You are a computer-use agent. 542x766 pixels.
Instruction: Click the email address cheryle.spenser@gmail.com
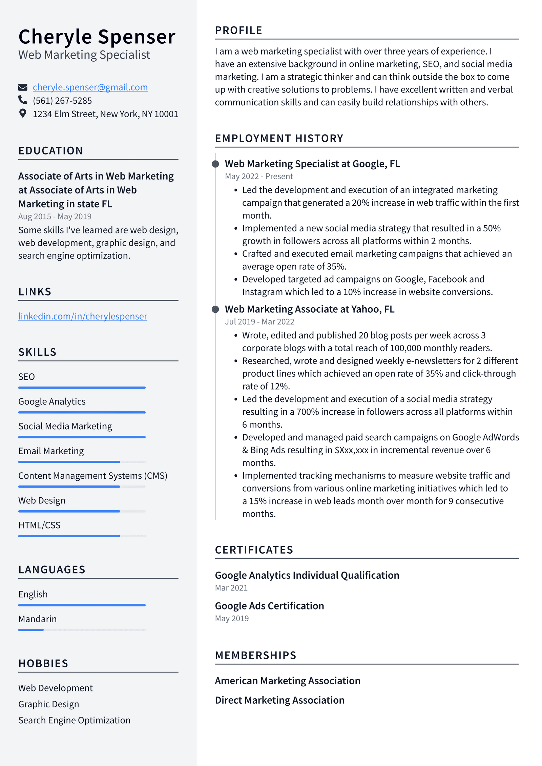point(90,87)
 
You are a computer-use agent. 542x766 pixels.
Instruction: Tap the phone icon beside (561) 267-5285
point(23,100)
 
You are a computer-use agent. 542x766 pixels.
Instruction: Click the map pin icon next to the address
point(23,113)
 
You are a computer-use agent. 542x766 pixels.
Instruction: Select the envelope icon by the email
point(23,87)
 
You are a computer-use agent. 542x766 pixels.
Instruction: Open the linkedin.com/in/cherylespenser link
point(83,316)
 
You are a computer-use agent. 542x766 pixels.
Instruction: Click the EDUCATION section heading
point(50,151)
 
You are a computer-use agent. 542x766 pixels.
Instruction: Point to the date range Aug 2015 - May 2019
point(55,216)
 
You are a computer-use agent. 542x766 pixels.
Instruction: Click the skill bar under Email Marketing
point(82,462)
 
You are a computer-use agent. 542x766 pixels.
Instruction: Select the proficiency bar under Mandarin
point(82,630)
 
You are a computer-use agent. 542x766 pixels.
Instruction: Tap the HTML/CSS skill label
point(39,525)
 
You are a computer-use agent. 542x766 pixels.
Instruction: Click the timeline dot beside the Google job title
point(215,164)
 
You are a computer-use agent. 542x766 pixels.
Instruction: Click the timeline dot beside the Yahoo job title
point(215,309)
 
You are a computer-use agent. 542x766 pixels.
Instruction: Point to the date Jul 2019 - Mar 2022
point(259,322)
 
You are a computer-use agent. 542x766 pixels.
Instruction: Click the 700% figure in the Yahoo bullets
point(308,412)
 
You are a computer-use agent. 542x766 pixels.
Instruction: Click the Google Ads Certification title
point(269,606)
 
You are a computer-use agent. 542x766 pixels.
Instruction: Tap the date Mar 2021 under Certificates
point(231,588)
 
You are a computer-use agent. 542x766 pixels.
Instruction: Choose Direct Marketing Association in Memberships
point(279,700)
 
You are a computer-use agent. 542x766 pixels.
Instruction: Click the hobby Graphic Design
point(48,704)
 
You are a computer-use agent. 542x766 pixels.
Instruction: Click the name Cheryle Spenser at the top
point(97,37)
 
